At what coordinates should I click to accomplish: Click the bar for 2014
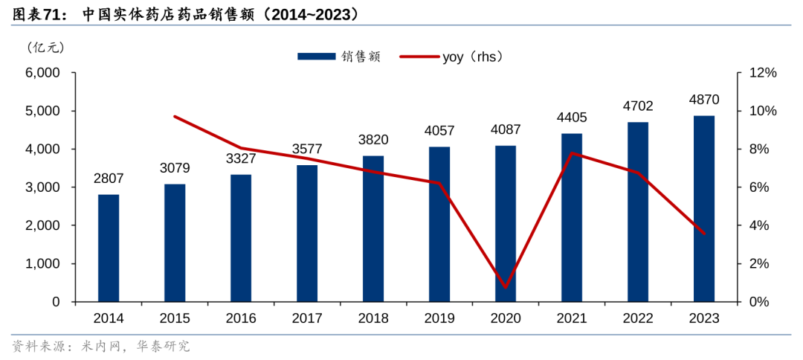coord(109,248)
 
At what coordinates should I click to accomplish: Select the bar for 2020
coord(506,223)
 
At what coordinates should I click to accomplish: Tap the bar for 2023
coord(704,208)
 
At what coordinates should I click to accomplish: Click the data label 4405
coord(572,118)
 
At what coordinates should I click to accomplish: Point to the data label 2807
coord(109,179)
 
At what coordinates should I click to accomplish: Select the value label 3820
coord(373,140)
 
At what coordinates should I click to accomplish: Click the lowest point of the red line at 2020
coord(506,287)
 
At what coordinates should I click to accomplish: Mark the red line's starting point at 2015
coord(175,117)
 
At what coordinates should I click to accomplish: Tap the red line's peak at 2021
coord(572,153)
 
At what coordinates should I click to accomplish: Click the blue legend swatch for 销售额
coord(317,57)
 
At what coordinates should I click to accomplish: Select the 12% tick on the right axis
coord(761,73)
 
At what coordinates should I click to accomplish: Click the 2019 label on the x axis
coord(439,318)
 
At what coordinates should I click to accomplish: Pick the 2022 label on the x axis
coord(638,318)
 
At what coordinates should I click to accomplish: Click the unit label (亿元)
coord(46,48)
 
